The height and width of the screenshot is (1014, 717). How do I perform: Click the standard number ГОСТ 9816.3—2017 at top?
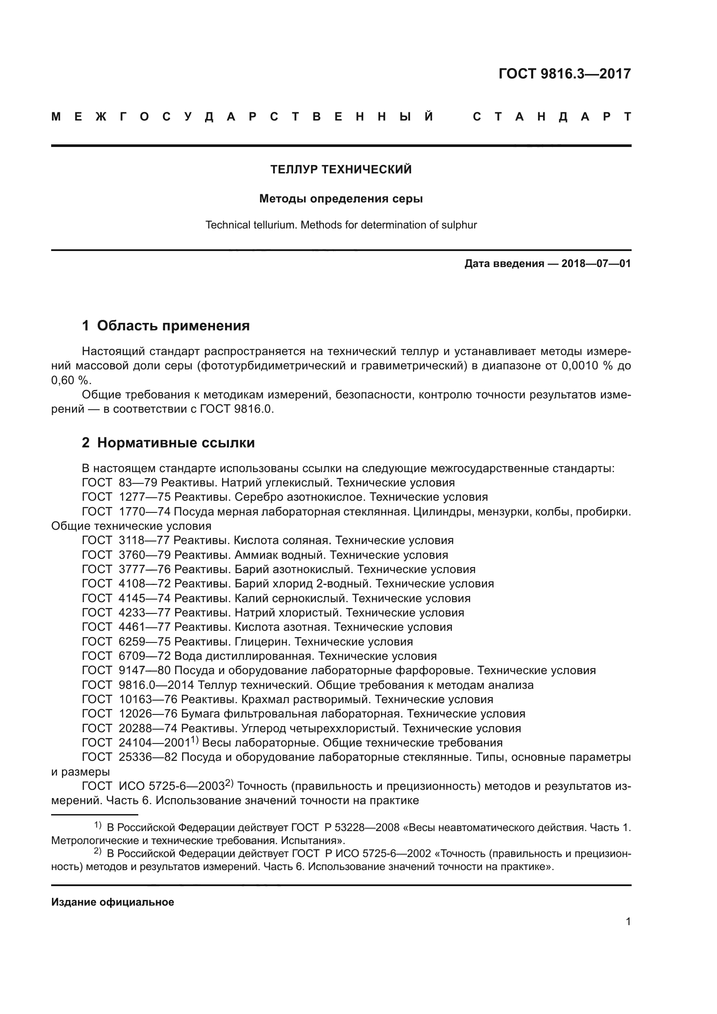(x=564, y=74)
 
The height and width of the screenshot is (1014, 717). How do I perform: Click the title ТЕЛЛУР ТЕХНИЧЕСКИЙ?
(x=341, y=170)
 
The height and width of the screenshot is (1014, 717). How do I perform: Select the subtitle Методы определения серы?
(x=341, y=199)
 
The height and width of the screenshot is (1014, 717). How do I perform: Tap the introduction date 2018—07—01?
(x=596, y=264)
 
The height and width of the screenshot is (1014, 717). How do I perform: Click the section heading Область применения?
(x=173, y=326)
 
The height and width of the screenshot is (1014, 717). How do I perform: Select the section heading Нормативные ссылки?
(x=176, y=443)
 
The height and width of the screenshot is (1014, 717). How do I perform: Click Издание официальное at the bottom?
(x=113, y=902)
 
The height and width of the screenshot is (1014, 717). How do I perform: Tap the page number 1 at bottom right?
(x=628, y=922)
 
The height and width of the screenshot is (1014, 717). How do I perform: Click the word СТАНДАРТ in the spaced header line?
(x=551, y=117)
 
